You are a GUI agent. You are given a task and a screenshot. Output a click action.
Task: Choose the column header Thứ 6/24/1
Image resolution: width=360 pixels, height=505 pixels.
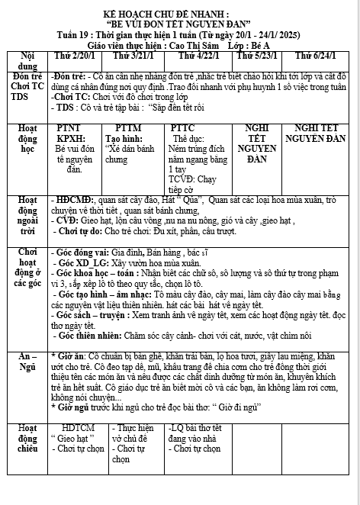coord(317,56)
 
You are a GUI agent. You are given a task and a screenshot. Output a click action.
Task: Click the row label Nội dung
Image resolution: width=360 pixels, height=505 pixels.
coord(25,62)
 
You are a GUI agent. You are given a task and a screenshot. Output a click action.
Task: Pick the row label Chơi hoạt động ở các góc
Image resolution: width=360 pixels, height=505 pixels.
coord(25,288)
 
